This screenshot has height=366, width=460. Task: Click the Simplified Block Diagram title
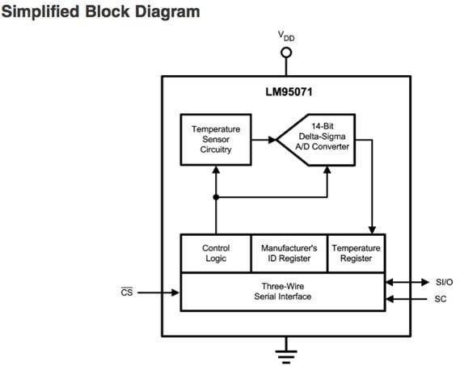coord(100,13)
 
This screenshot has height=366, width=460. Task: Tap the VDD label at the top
coord(286,36)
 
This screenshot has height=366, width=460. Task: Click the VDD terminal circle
coord(285,53)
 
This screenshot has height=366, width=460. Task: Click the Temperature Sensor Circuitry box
coord(215,139)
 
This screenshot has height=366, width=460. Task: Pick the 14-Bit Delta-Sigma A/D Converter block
coord(315,139)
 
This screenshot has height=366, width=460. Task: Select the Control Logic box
coord(215,253)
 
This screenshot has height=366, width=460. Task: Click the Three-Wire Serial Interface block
coord(281,291)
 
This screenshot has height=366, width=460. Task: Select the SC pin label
coord(441,300)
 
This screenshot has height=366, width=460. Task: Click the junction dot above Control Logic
coord(216,196)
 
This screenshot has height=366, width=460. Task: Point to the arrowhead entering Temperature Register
coord(371,230)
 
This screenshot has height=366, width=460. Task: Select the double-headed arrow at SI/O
coord(407,282)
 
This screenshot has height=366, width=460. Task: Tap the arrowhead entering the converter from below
coord(327,170)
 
